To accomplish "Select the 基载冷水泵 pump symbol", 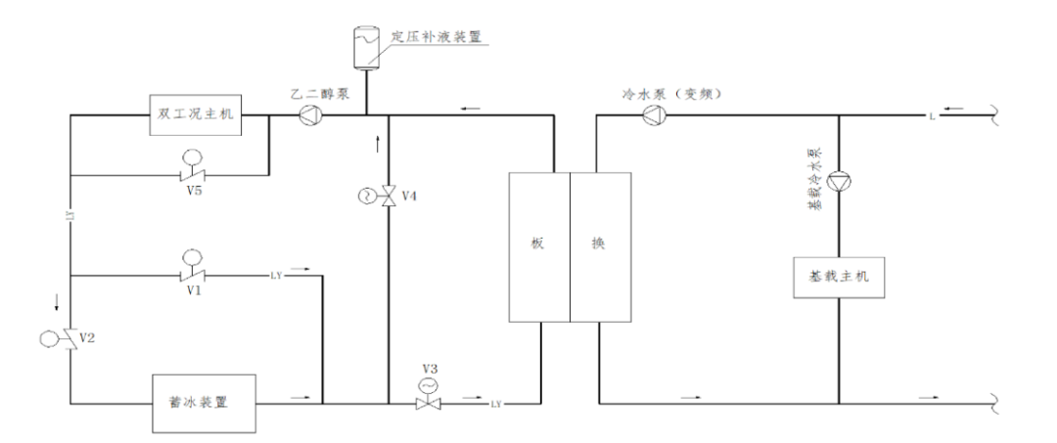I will pos(840,182).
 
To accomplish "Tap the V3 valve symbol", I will pos(426,401).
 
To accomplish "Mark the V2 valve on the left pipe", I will pos(69,339).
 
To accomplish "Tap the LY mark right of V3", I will pos(496,403).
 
